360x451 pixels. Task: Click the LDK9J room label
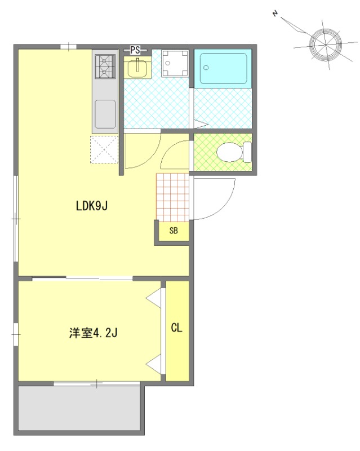pos(92,206)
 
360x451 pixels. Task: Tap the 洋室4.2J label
pos(93,333)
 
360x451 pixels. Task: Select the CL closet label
pos(176,328)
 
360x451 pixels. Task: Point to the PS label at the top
pos(135,50)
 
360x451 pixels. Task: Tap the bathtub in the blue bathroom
pos(223,69)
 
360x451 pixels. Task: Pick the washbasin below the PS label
pos(137,68)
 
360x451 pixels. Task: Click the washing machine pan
pos(175,63)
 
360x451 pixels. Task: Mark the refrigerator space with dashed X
pos(104,150)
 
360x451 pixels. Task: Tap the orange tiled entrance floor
pos(172,196)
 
